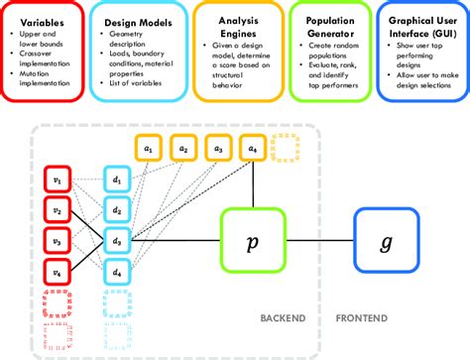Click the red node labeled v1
point(57,180)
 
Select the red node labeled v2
point(57,210)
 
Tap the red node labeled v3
point(57,240)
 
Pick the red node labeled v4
point(57,270)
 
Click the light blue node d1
point(118,180)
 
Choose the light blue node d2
point(118,210)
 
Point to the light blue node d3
point(118,240)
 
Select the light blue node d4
point(118,270)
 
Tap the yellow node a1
point(149,148)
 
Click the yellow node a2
point(183,148)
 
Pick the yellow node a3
point(218,148)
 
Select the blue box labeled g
point(385,240)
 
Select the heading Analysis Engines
point(234,24)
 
